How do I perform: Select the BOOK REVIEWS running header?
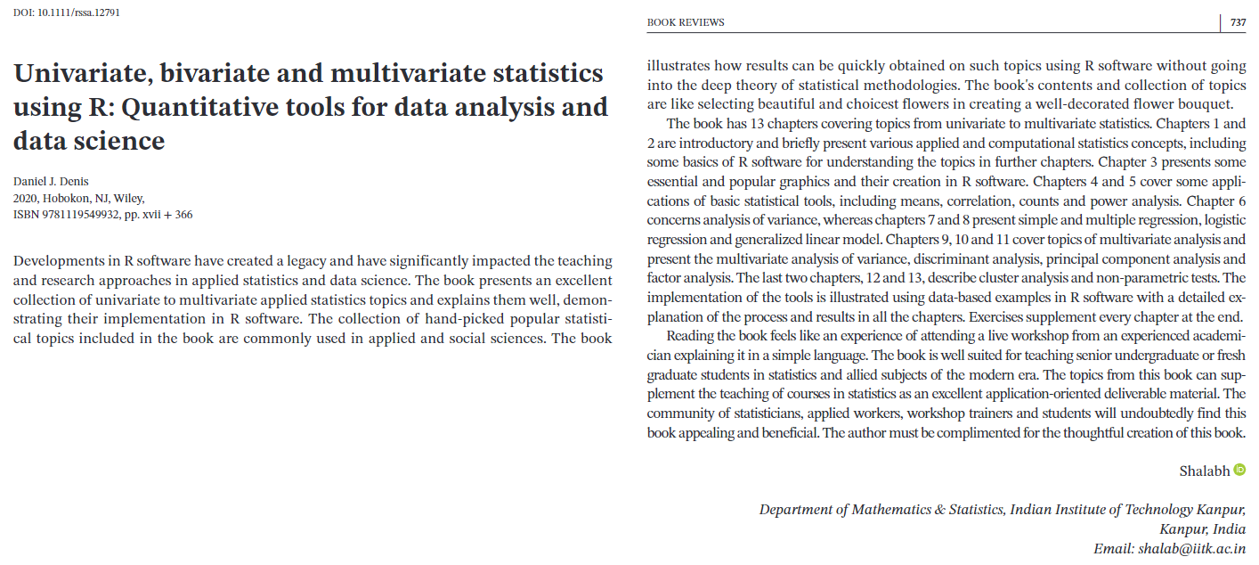click(x=686, y=22)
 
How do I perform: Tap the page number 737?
click(x=1238, y=22)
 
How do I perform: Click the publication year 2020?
click(x=27, y=199)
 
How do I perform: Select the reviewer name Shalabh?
click(x=1204, y=471)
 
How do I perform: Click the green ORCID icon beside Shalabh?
click(x=1239, y=470)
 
